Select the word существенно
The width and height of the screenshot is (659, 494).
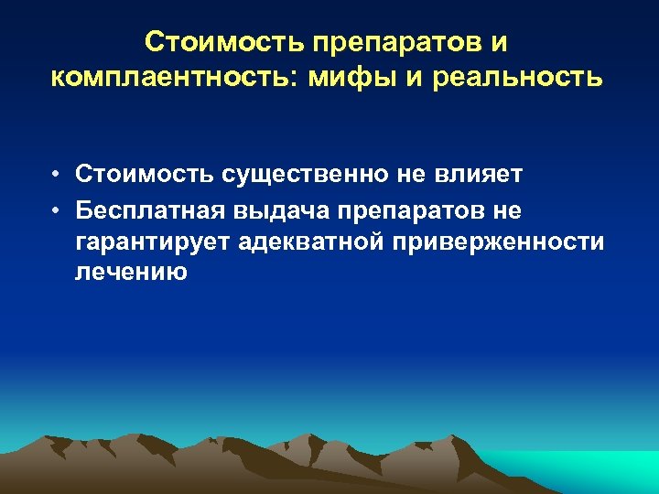pos(276,175)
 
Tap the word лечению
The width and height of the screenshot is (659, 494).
pos(131,273)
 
